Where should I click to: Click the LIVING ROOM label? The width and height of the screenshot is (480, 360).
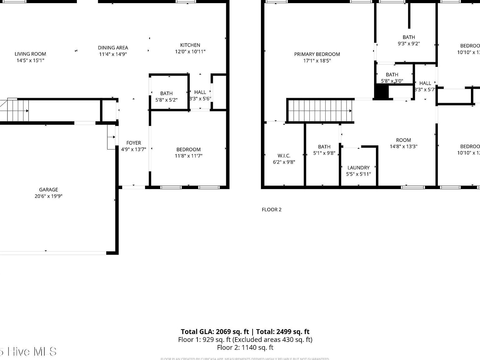[30, 54]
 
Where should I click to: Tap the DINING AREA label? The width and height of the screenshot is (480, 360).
[113, 48]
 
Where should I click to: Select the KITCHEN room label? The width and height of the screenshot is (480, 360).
[190, 45]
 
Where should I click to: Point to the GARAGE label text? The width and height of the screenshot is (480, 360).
[48, 190]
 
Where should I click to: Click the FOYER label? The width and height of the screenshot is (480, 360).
[133, 143]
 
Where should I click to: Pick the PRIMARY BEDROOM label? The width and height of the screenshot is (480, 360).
[317, 54]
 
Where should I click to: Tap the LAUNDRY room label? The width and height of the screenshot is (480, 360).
[358, 168]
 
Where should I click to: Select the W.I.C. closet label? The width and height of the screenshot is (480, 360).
[284, 156]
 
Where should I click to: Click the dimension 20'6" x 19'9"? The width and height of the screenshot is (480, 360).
[48, 196]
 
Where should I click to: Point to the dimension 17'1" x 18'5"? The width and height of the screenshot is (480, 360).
[317, 61]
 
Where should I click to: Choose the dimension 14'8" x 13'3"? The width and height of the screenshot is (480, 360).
[403, 147]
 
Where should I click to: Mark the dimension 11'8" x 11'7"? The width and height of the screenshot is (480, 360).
[188, 156]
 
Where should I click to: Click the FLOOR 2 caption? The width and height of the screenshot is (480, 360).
[272, 210]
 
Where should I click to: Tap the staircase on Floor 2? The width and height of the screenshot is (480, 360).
[320, 111]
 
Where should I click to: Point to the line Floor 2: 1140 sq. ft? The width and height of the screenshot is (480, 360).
[245, 347]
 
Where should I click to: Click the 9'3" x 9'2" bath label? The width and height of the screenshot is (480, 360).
[408, 41]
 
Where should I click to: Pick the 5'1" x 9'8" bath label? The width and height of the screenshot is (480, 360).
[324, 150]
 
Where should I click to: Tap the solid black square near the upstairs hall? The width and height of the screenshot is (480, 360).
[381, 92]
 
